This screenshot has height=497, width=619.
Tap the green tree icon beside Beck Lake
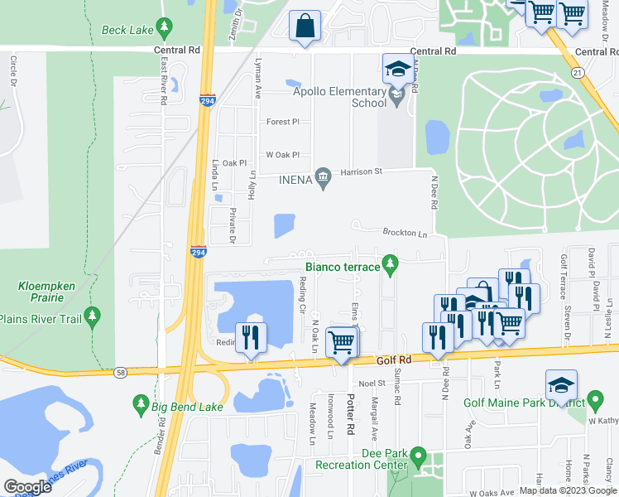click(164, 28)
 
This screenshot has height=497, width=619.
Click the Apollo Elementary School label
click(347, 97)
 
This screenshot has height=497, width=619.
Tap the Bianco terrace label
click(342, 267)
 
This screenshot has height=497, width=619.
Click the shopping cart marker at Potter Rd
click(342, 340)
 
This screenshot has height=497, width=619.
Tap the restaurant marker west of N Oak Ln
click(249, 337)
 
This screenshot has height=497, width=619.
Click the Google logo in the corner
click(27, 487)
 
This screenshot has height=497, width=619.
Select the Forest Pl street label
click(282, 122)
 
